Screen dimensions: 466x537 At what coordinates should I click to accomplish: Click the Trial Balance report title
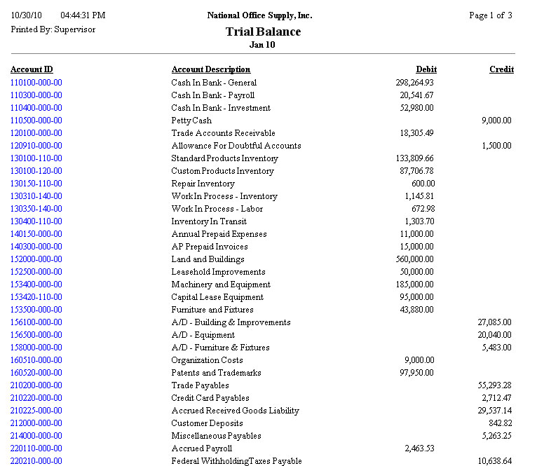click(263, 32)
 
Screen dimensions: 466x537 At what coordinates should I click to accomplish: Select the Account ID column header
click(32, 69)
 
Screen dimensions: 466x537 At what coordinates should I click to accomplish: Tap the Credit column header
click(501, 69)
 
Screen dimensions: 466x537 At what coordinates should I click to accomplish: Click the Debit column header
click(426, 69)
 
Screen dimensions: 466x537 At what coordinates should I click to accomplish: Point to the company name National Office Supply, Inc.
click(260, 15)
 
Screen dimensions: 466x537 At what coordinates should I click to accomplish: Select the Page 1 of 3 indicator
click(491, 15)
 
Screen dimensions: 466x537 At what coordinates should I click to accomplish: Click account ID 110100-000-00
click(36, 83)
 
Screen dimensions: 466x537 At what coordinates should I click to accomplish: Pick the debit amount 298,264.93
click(414, 83)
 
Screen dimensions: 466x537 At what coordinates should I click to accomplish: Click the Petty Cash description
click(191, 121)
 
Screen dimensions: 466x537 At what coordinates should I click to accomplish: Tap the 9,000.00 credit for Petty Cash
click(496, 121)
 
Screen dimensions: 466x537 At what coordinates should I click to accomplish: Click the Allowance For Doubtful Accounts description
click(236, 146)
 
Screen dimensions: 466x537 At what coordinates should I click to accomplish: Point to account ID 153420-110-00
click(36, 297)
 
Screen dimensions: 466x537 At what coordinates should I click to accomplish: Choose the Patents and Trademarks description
click(216, 373)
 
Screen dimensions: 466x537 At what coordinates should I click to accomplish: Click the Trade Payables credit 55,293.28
click(494, 385)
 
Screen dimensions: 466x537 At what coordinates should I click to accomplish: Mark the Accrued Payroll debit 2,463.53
click(419, 448)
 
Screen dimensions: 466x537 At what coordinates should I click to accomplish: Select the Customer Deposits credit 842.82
click(500, 423)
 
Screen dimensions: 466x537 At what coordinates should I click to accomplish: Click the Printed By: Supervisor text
click(53, 29)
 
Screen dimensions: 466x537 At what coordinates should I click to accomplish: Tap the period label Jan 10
click(262, 45)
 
